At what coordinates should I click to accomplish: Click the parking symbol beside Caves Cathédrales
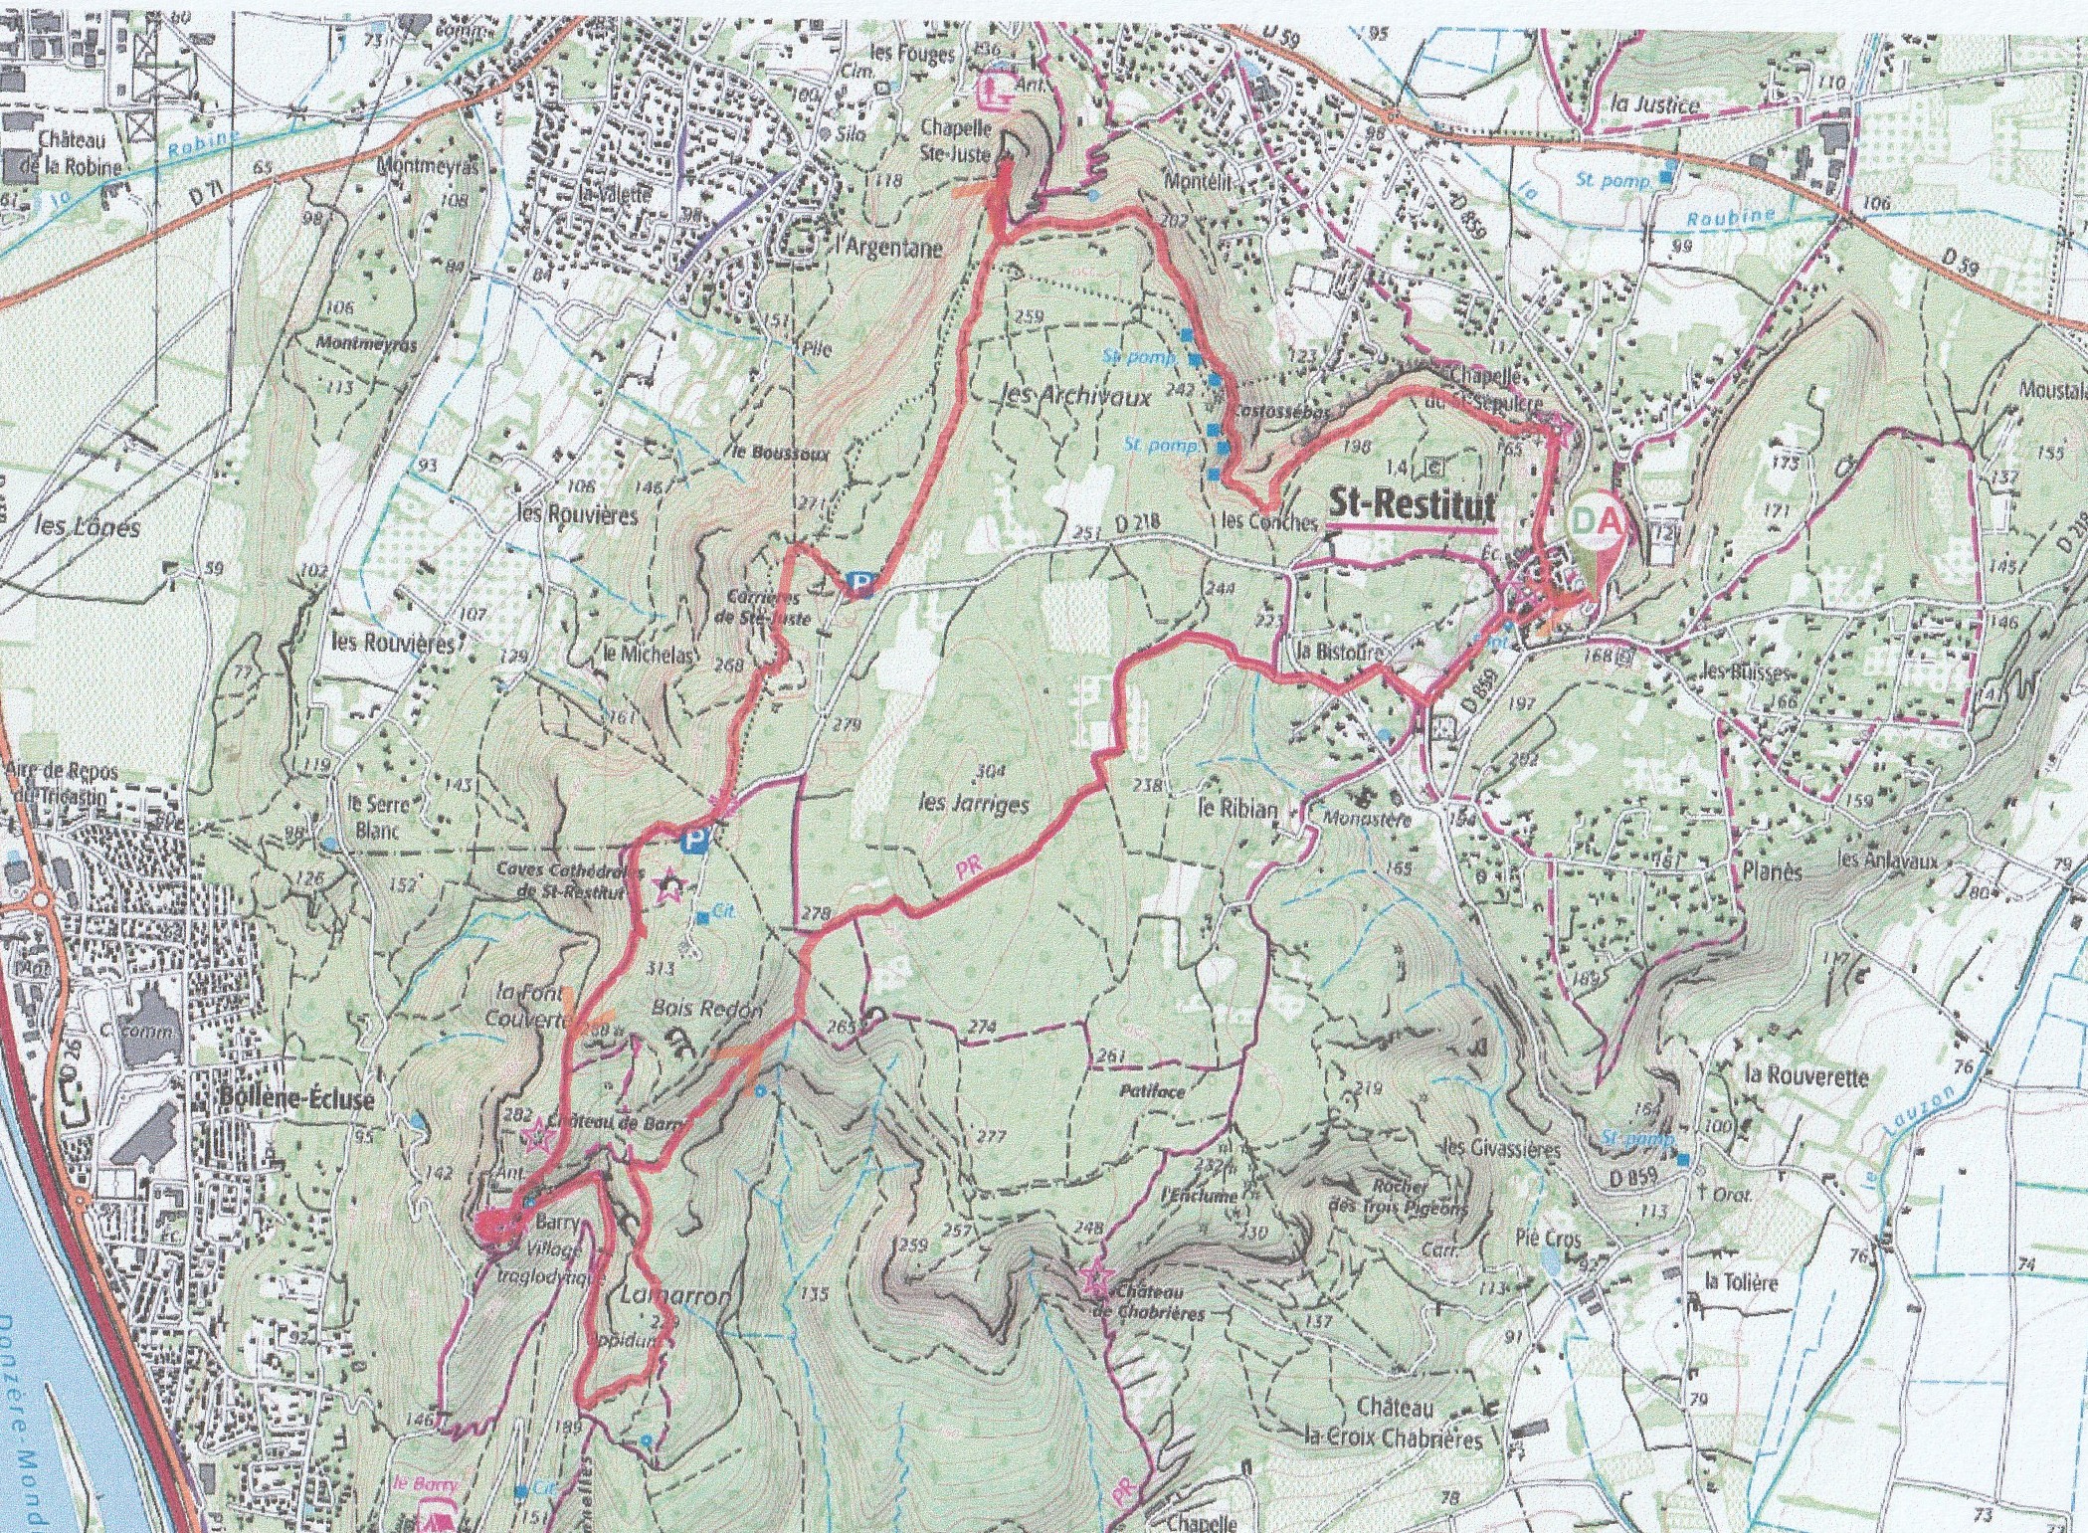tap(695, 842)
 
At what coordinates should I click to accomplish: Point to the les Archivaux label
tap(1073, 397)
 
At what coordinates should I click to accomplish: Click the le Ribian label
tap(1237, 808)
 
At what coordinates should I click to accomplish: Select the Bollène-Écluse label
tap(295, 1099)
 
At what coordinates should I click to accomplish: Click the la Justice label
tap(1654, 104)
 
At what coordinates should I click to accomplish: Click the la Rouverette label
tap(1806, 1075)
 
